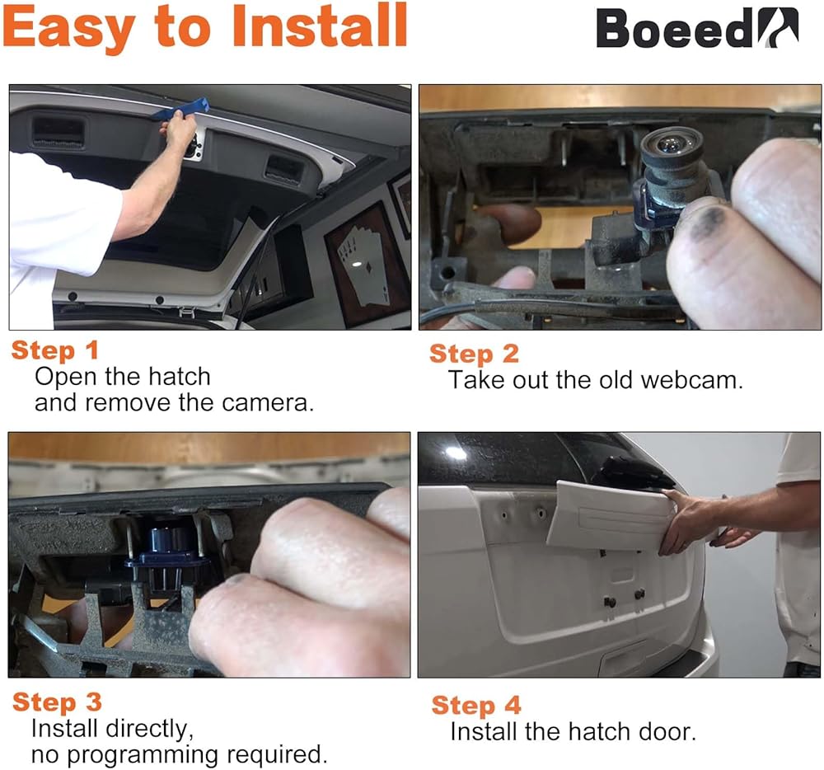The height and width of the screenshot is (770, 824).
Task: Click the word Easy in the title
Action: pyautogui.click(x=69, y=27)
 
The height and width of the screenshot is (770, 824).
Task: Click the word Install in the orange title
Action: pyautogui.click(x=319, y=26)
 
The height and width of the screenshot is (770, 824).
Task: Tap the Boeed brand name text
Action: pyautogui.click(x=675, y=29)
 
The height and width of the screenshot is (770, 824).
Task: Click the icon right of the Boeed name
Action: pyautogui.click(x=779, y=28)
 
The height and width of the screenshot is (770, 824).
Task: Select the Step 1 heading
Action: pyautogui.click(x=54, y=350)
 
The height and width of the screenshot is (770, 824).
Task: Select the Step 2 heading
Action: pyautogui.click(x=474, y=354)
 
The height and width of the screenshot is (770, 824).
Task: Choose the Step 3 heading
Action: pyautogui.click(x=57, y=702)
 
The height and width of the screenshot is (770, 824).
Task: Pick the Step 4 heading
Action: pyautogui.click(x=476, y=706)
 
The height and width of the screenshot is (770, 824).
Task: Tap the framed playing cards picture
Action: pyautogui.click(x=367, y=262)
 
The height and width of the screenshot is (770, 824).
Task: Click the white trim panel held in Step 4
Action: pyautogui.click(x=610, y=517)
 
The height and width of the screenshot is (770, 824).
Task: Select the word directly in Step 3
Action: pyautogui.click(x=149, y=730)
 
